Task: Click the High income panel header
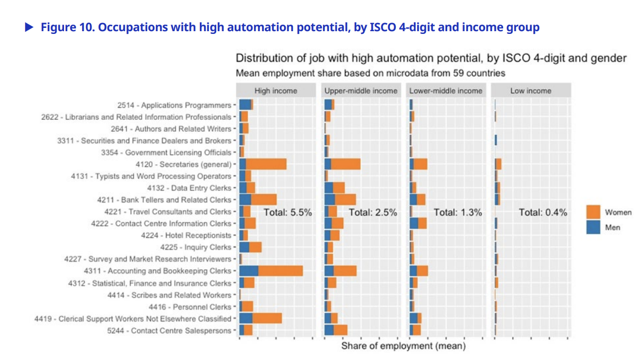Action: (276, 91)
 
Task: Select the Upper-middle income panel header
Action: (361, 91)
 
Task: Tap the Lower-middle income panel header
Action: (446, 91)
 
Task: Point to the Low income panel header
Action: (530, 91)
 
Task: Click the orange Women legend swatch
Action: (593, 212)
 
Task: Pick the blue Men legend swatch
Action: (593, 227)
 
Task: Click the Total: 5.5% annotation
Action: (288, 212)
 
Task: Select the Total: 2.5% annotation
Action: (373, 212)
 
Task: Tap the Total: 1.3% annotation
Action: (458, 212)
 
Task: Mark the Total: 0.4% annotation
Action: (543, 212)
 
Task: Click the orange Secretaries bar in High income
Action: (266, 164)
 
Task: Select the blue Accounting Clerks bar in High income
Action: (249, 271)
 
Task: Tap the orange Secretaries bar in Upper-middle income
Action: (345, 164)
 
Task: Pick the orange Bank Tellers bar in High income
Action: (264, 200)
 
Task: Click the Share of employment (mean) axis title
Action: (403, 346)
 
